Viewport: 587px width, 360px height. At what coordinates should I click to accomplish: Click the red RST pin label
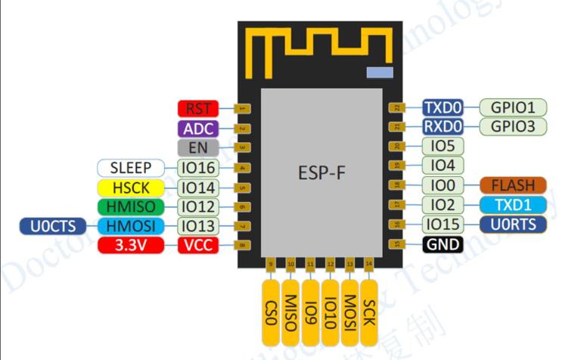pos(197,108)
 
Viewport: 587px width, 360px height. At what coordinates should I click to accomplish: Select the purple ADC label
pos(197,128)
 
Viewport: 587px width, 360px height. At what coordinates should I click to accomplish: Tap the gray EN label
pos(197,147)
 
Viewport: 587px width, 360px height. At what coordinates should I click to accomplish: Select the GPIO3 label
pos(513,127)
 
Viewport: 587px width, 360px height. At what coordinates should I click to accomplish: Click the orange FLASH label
pos(513,185)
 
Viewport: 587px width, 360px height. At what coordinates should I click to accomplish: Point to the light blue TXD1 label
pos(513,205)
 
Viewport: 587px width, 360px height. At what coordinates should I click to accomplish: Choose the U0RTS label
pos(513,225)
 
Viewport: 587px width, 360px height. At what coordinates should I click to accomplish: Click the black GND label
pos(443,244)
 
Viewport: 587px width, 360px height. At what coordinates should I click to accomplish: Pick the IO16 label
pos(197,167)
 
